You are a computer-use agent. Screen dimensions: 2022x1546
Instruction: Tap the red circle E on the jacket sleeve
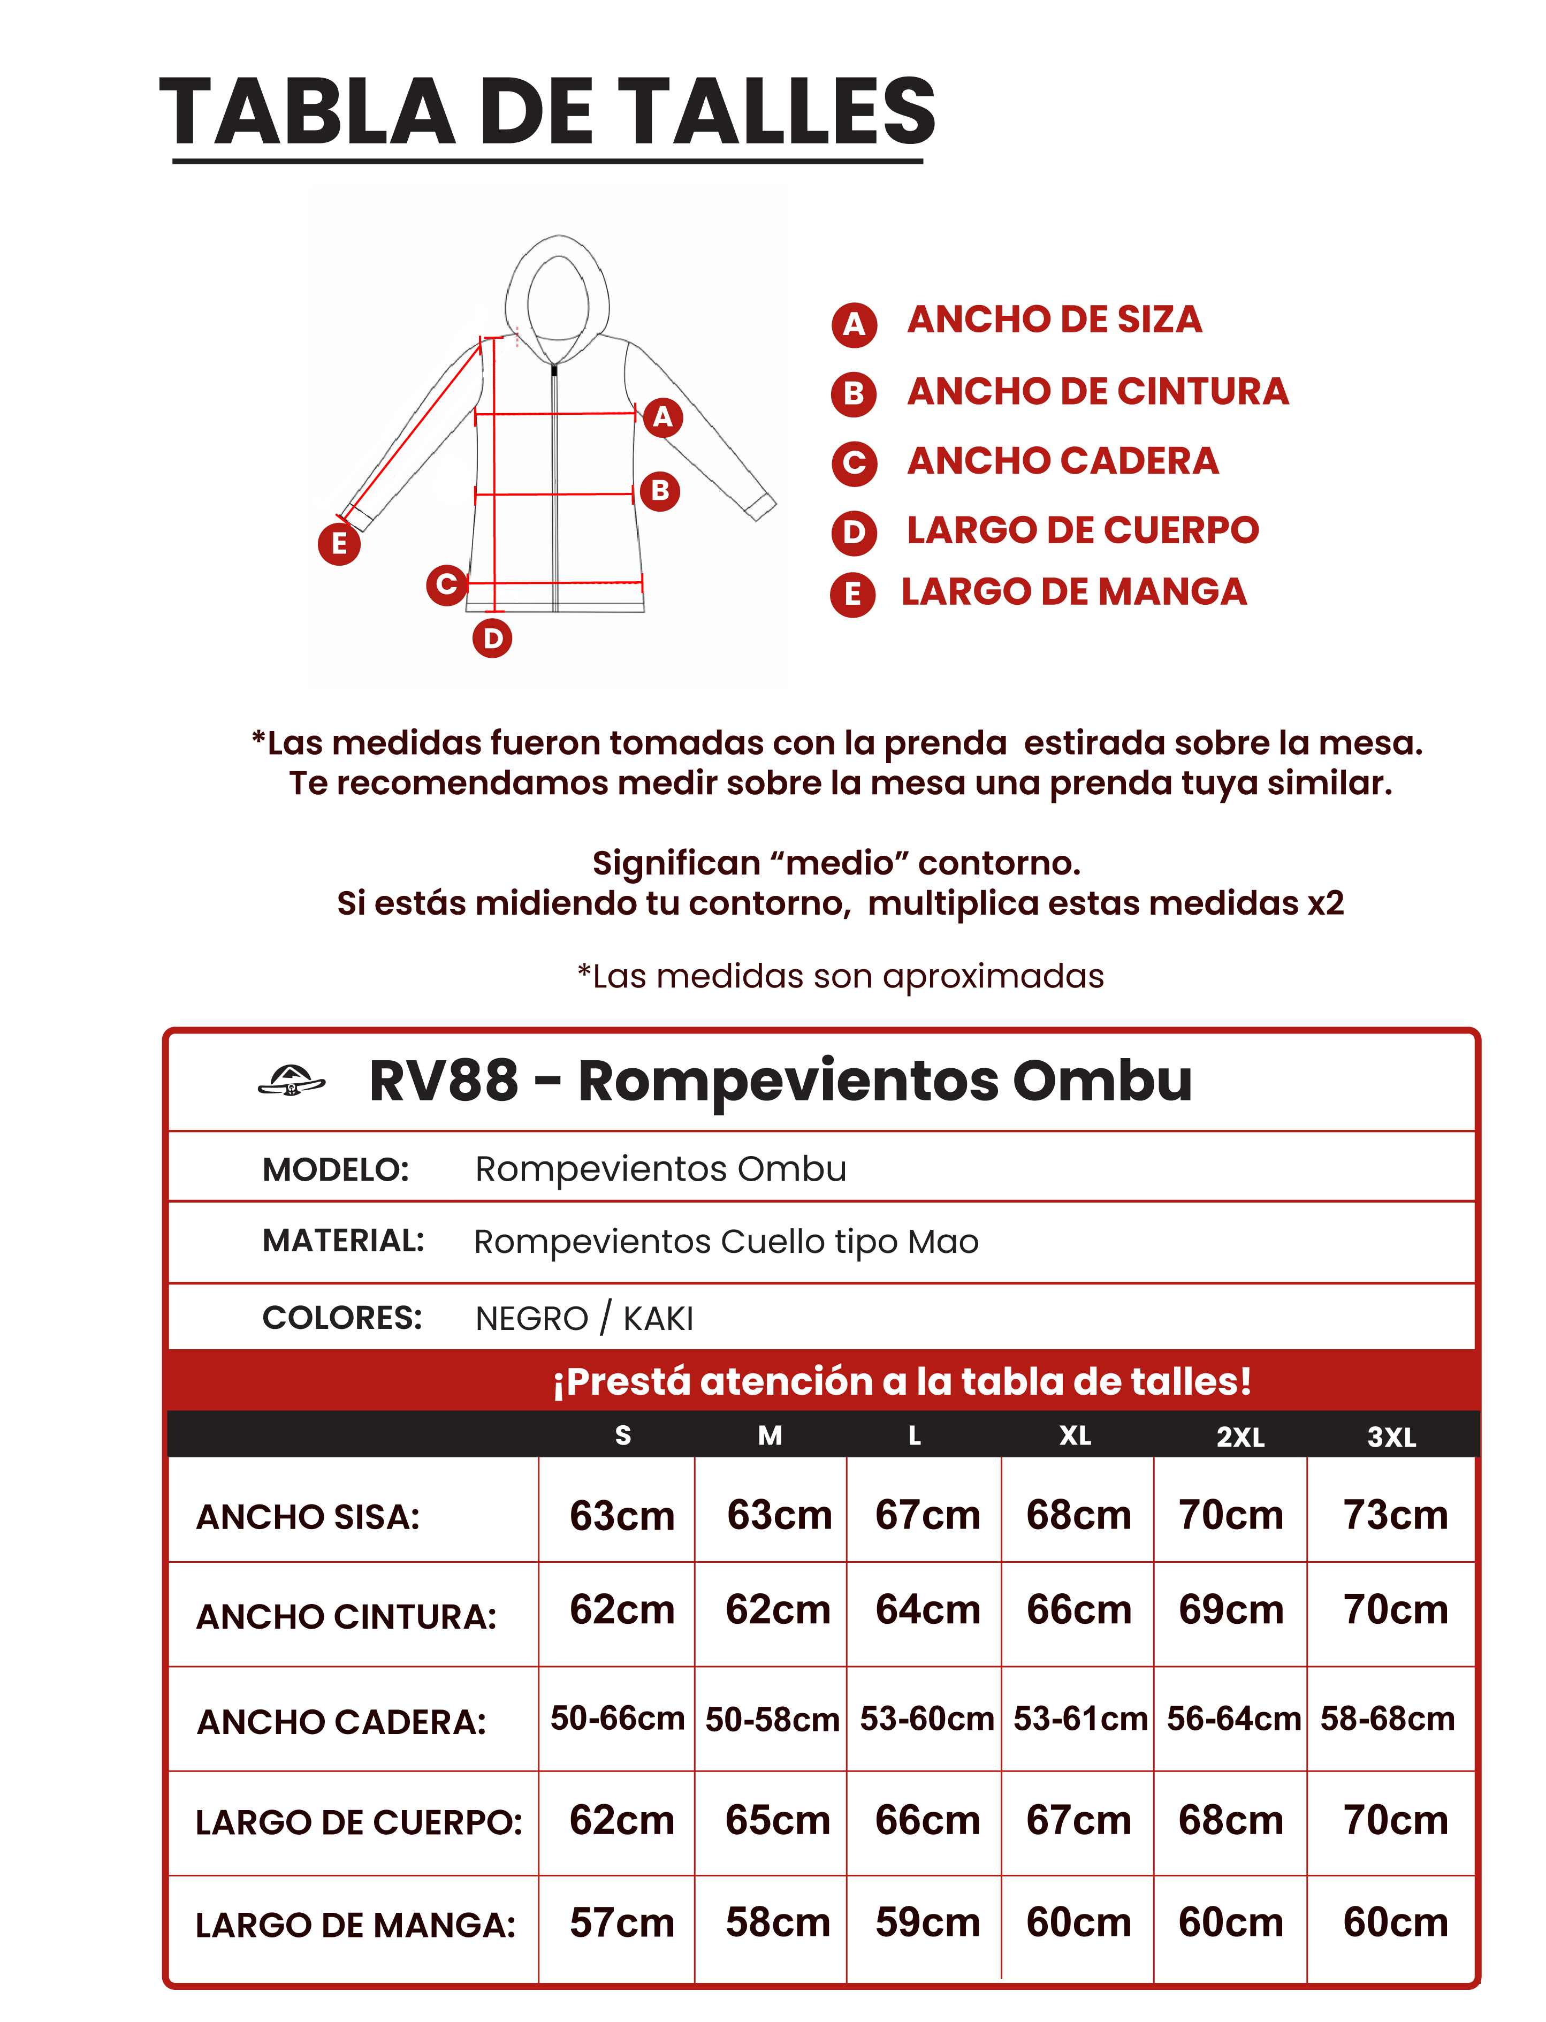coord(339,543)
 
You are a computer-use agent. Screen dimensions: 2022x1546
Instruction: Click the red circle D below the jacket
coord(492,638)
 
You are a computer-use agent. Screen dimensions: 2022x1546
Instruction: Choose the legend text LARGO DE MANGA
coord(1073,592)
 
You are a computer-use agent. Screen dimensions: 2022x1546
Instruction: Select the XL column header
coord(1075,1436)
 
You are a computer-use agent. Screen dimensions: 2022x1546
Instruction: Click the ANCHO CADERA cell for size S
coord(618,1719)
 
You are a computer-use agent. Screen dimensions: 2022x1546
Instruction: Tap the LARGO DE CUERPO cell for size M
coord(778,1820)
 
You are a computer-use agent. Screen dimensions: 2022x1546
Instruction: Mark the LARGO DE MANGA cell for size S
coord(622,1922)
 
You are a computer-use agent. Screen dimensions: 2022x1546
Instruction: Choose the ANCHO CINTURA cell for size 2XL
coord(1230,1610)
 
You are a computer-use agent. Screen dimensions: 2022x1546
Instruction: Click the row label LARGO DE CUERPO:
coord(359,1822)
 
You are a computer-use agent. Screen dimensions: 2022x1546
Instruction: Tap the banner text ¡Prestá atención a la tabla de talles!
coord(902,1381)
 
